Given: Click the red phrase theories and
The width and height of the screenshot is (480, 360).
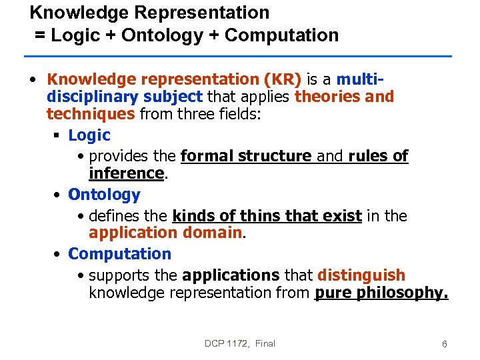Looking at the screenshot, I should click(344, 97).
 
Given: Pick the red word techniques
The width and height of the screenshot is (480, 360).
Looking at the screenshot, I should click(91, 113).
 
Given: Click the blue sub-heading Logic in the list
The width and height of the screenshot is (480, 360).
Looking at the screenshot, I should click(89, 135).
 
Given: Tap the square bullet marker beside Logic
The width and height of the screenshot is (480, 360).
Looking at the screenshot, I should click(57, 136).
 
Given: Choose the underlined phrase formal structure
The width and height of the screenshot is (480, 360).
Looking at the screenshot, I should click(246, 157).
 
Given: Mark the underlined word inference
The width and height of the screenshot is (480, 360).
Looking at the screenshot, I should click(126, 173).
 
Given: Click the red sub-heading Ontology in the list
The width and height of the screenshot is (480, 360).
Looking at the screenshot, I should click(104, 195).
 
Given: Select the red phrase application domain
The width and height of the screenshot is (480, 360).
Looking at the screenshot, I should click(165, 233).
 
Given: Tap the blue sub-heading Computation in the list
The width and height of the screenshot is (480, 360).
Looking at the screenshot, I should click(119, 254).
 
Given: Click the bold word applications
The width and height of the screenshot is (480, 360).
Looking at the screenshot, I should click(231, 275).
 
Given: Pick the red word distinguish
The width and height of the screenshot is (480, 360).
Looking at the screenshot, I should click(361, 275).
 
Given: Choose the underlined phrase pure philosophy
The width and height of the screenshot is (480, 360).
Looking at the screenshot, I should click(381, 292).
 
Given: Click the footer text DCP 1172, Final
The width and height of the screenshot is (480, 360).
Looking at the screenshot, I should click(239, 343).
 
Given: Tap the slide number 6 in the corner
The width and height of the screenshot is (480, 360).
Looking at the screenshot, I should click(444, 344).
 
